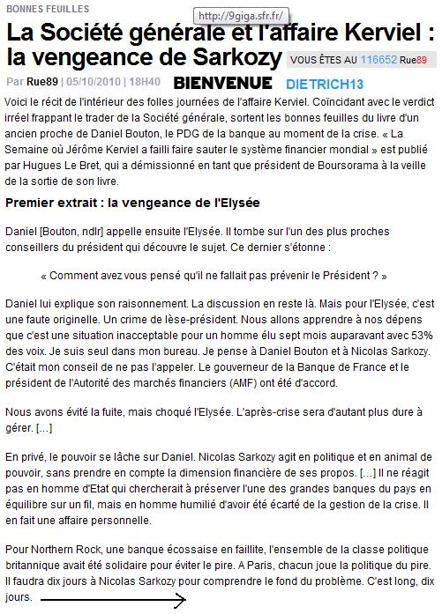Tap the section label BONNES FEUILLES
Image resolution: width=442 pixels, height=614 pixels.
click(40, 7)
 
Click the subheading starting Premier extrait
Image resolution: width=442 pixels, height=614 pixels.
click(132, 203)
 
